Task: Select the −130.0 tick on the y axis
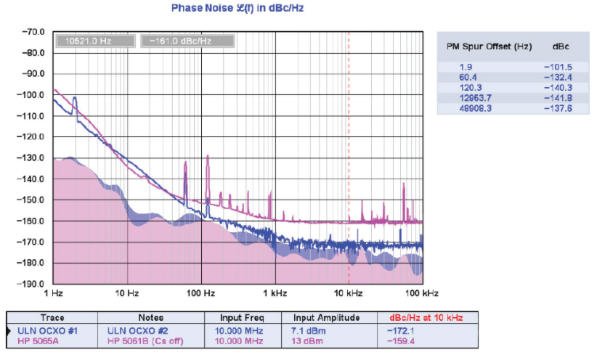[33, 157]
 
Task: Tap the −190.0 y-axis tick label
[33, 284]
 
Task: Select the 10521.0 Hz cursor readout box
[94, 41]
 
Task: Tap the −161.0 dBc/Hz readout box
[186, 41]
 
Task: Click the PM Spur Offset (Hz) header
[489, 46]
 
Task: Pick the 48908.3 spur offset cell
[467, 107]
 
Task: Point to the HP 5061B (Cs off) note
[139, 341]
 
